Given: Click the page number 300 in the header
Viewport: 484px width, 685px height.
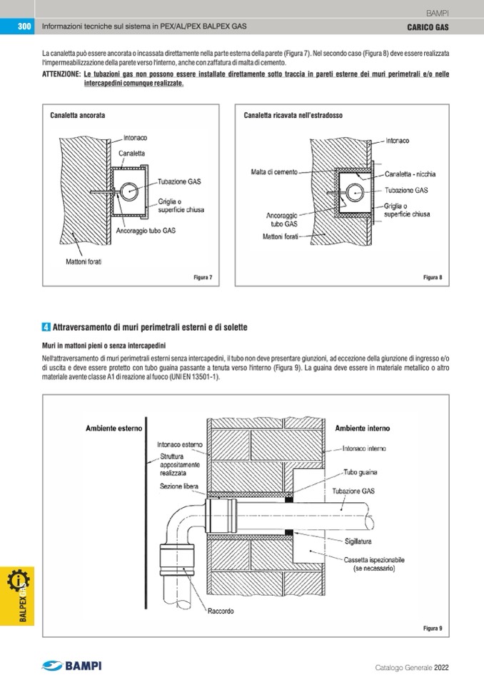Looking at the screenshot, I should pyautogui.click(x=23, y=27).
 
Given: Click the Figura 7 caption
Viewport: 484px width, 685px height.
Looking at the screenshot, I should pyautogui.click(x=203, y=277).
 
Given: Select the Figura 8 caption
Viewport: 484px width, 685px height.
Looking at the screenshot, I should pyautogui.click(x=433, y=277).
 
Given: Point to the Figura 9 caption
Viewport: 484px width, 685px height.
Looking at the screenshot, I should pyautogui.click(x=433, y=628).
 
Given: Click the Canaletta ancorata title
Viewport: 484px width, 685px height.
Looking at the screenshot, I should pyautogui.click(x=78, y=114).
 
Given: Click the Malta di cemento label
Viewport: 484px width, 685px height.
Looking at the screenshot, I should pyautogui.click(x=275, y=171).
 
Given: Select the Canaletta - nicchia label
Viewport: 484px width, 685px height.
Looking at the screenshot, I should pyautogui.click(x=410, y=174).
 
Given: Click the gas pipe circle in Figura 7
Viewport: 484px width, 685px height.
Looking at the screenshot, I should pyautogui.click(x=131, y=191).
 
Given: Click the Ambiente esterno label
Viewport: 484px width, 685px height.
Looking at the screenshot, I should pyautogui.click(x=114, y=429).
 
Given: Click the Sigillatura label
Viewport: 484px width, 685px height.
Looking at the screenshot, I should pyautogui.click(x=361, y=542).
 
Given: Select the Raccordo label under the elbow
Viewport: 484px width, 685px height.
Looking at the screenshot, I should pyautogui.click(x=223, y=611).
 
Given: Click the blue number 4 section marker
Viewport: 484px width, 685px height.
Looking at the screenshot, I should pyautogui.click(x=46, y=327).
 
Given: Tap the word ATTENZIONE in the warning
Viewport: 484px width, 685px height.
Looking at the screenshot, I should pyautogui.click(x=61, y=74).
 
